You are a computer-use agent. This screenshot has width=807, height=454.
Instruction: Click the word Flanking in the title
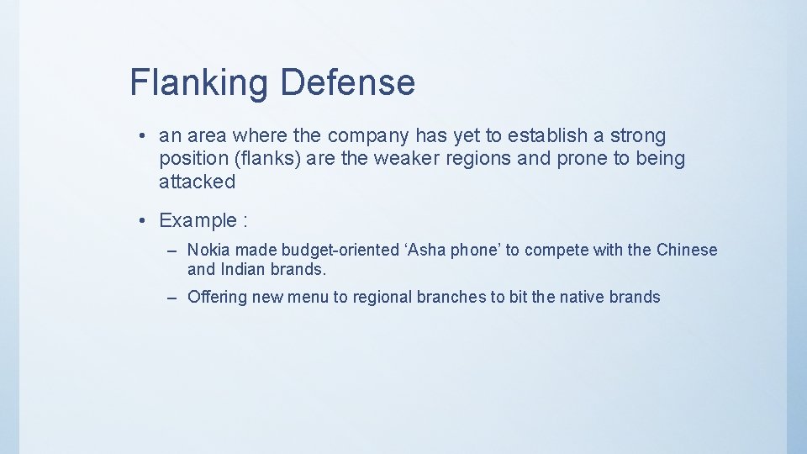199,82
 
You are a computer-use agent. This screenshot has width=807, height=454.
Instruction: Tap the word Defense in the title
347,82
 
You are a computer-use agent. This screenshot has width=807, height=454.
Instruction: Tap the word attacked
197,182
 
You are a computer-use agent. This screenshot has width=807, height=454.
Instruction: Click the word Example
198,221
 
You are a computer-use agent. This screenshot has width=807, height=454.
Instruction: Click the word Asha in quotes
425,250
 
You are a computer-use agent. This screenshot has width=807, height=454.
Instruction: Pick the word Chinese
687,250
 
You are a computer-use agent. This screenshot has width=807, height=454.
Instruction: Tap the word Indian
242,270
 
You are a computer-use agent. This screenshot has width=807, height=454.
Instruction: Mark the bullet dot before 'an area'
145,136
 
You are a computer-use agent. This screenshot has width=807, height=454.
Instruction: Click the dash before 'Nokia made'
171,251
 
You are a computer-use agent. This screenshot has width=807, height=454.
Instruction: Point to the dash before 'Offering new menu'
171,298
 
